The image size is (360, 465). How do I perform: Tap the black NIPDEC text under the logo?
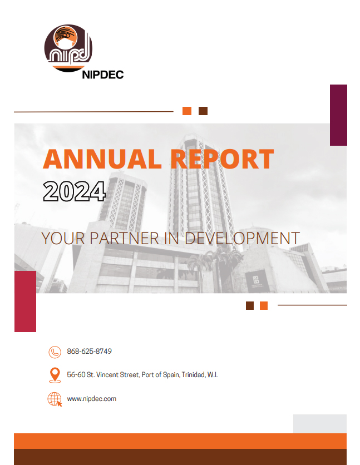click(x=102, y=75)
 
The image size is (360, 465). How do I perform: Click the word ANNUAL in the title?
click(x=102, y=159)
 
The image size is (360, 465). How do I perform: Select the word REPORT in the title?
click(x=221, y=159)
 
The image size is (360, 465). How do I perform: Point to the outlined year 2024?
click(x=74, y=192)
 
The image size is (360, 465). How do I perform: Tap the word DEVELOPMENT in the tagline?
click(x=241, y=239)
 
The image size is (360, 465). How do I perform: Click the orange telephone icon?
click(x=55, y=352)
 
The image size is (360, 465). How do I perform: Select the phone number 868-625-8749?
click(x=90, y=352)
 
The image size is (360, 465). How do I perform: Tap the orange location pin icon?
click(x=55, y=375)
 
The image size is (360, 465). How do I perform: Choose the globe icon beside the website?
click(x=55, y=399)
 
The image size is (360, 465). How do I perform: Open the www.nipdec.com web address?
click(x=91, y=399)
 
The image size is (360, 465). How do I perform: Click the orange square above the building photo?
click(x=187, y=111)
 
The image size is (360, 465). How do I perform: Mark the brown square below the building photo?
click(x=250, y=305)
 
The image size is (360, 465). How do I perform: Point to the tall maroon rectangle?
click(x=338, y=115)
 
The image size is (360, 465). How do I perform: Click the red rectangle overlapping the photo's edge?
click(x=25, y=301)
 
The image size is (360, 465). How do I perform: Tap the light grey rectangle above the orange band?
click(x=320, y=423)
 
